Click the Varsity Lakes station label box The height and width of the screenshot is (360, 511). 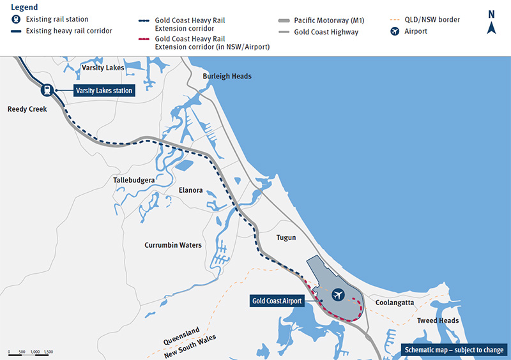103,91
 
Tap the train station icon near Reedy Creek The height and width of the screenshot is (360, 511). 47,91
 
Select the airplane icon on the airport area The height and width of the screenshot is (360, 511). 338,294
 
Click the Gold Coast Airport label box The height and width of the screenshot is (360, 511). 277,301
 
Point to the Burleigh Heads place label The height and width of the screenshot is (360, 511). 227,77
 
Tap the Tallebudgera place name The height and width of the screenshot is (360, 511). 134,181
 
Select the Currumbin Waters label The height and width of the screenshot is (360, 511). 173,245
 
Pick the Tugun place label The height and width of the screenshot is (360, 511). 286,237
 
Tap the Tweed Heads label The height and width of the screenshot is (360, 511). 438,320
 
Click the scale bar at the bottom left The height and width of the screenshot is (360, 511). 31,352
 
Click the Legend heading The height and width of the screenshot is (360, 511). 24,7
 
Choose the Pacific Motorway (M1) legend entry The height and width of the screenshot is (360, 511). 326,20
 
